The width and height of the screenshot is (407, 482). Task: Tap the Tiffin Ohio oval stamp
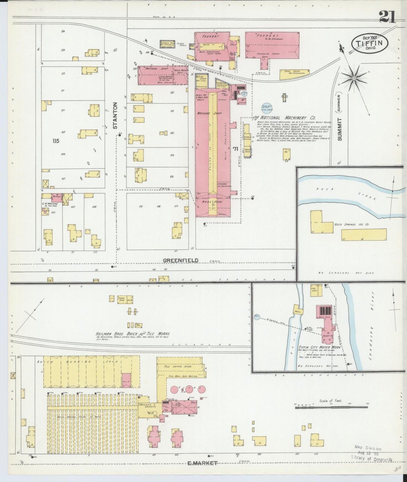pyautogui.click(x=370, y=43)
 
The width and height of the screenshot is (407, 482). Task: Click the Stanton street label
pyautogui.click(x=115, y=116)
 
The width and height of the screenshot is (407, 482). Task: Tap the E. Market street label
pyautogui.click(x=203, y=463)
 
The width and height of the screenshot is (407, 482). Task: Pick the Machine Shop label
pyautogui.click(x=209, y=113)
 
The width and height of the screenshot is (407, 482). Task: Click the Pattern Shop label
pyautogui.click(x=153, y=69)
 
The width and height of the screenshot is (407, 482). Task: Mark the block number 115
pyautogui.click(x=56, y=141)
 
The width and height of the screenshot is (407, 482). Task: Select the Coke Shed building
pyautogui.click(x=294, y=74)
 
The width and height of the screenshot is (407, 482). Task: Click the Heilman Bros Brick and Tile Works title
pyautogui.click(x=132, y=334)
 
